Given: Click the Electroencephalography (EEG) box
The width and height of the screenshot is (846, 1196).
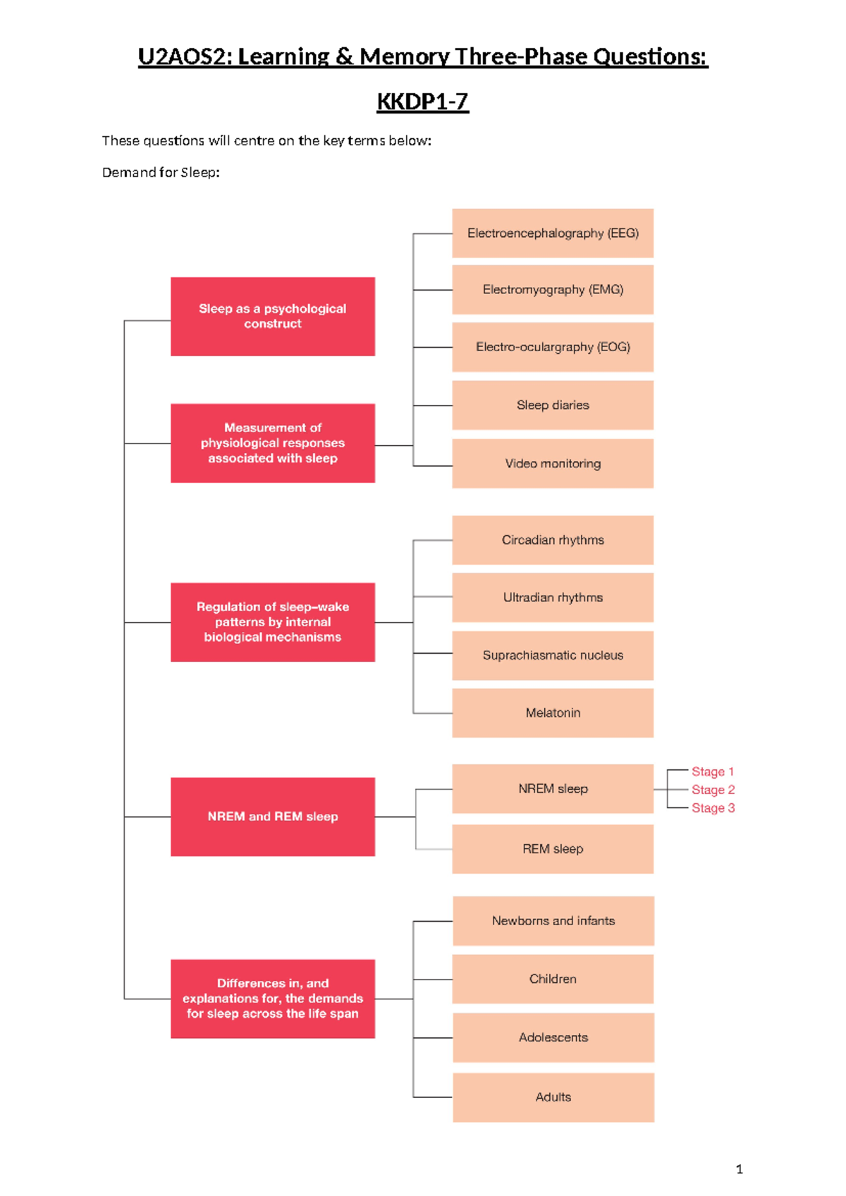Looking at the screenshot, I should pyautogui.click(x=553, y=233).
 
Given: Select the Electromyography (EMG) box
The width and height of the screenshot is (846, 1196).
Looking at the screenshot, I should pyautogui.click(x=553, y=290).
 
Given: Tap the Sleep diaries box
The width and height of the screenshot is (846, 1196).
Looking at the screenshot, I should pyautogui.click(x=553, y=405).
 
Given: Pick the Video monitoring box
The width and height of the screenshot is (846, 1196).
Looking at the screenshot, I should pyautogui.click(x=553, y=464).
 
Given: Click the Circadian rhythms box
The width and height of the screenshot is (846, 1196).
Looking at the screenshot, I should pyautogui.click(x=553, y=540).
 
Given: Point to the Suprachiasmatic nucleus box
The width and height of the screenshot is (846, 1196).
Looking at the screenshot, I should pyautogui.click(x=553, y=656).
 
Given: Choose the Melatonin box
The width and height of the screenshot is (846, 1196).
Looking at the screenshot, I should pyautogui.click(x=553, y=713).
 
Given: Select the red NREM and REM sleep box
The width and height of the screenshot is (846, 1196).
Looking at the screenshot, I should pyautogui.click(x=273, y=817).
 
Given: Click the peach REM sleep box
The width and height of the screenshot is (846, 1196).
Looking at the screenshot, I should pyautogui.click(x=553, y=849).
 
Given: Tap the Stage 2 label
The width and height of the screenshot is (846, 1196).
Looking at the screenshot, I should pyautogui.click(x=713, y=790).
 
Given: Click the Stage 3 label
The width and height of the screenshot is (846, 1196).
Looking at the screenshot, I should pyautogui.click(x=713, y=808).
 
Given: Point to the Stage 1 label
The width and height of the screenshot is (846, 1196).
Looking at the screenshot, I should pyautogui.click(x=712, y=771).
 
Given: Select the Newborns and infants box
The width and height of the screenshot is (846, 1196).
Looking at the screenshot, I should pyautogui.click(x=553, y=921).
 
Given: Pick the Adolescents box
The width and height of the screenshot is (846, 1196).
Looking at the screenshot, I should pyautogui.click(x=553, y=1038).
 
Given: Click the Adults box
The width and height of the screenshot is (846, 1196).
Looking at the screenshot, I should pyautogui.click(x=553, y=1097).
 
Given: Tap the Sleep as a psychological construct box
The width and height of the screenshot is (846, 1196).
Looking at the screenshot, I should pyautogui.click(x=273, y=317).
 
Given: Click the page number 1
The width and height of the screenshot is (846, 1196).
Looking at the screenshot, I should pyautogui.click(x=739, y=1169).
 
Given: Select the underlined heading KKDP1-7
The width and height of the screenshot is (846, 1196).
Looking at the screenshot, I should pyautogui.click(x=422, y=102).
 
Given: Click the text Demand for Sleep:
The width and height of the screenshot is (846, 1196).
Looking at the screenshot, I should pyautogui.click(x=161, y=173).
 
